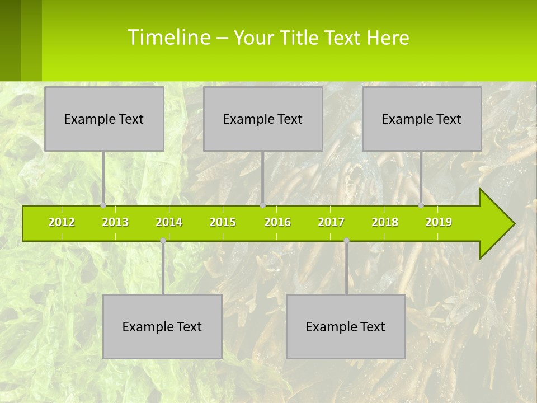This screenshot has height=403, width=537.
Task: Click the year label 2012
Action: click(62, 222)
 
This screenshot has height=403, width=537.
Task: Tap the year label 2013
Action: click(115, 222)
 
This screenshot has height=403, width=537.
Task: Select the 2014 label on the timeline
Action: click(169, 222)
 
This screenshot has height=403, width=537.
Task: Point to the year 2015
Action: click(223, 222)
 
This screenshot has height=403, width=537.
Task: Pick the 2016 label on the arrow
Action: click(277, 222)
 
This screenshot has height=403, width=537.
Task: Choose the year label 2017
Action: click(331, 222)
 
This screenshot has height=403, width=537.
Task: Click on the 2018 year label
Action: click(385, 222)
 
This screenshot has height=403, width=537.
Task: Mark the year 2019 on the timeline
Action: click(439, 222)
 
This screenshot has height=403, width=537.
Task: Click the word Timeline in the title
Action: click(168, 38)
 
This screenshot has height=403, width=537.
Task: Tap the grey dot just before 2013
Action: click(103, 205)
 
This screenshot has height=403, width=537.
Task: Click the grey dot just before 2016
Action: click(262, 205)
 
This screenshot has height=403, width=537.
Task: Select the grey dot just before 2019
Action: click(421, 205)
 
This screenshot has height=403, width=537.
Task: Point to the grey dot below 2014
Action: click(163, 241)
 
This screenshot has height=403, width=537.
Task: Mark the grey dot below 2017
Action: click(346, 241)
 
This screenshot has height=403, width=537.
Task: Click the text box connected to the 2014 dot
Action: click(162, 326)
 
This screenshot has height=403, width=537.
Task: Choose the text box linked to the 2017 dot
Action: click(346, 326)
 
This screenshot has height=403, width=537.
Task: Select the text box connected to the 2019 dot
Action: click(422, 119)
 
